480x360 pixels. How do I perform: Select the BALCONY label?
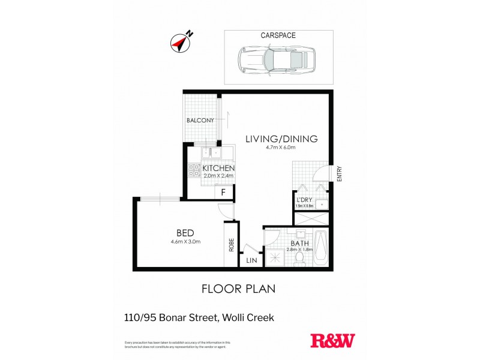tap(200, 121)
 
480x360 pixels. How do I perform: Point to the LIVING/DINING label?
tap(281, 139)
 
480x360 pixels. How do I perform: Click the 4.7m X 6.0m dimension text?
tap(281, 148)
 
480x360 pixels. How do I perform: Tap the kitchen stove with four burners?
tap(194, 171)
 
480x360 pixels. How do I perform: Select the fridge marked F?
tap(223, 193)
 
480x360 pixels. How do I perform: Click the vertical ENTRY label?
tap(339, 175)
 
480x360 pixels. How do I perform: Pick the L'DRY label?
tap(303, 200)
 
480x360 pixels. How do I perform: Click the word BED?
tap(184, 232)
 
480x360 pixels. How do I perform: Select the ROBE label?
tap(230, 245)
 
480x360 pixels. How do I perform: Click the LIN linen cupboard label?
tap(251, 260)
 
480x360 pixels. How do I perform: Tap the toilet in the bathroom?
tap(300, 257)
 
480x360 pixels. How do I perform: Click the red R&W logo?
tap(332, 341)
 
